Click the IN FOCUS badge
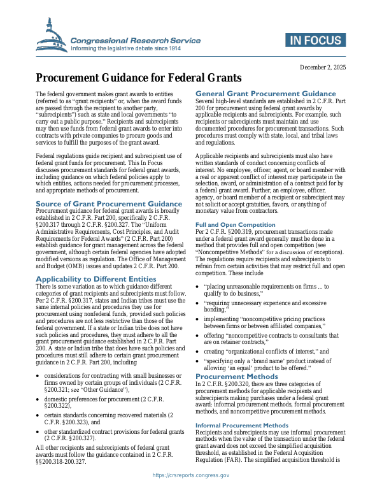pos(317,41)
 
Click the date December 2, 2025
pos(322,68)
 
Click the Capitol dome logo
pos(52,36)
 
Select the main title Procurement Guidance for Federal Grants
pos(139,78)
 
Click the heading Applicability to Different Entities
pos(96,279)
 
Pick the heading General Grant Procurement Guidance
pos(266,94)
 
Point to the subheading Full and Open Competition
pos(235,224)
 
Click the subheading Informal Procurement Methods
pos(242,407)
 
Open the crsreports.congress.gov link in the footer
pos(191,475)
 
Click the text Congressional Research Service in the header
pos(136,40)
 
